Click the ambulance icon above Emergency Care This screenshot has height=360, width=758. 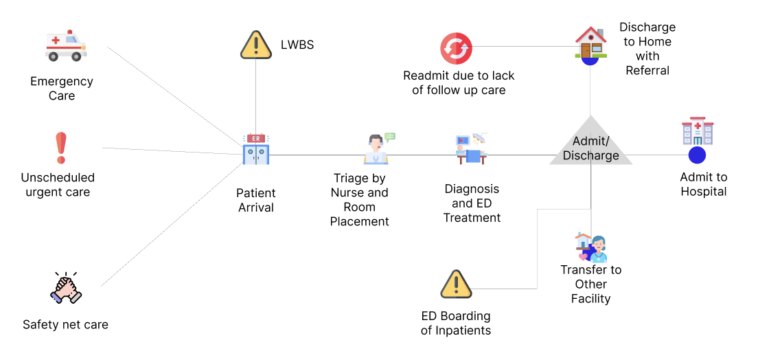pyautogui.click(x=66, y=45)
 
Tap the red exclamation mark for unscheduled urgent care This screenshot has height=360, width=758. pyautogui.click(x=60, y=148)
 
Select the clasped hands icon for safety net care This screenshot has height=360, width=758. pyautogui.click(x=66, y=287)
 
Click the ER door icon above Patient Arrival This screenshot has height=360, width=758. pyautogui.click(x=256, y=149)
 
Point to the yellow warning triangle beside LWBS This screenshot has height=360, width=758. pyautogui.click(x=256, y=45)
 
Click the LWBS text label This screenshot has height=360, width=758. pyautogui.click(x=297, y=45)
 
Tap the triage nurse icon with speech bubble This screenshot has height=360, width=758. pyautogui.click(x=377, y=149)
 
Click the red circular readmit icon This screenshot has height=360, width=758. pyautogui.click(x=456, y=49)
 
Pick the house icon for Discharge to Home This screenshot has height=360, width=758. pyautogui.click(x=590, y=43)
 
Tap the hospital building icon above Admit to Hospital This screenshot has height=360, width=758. pyautogui.click(x=697, y=131)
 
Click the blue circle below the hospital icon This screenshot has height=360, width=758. pyautogui.click(x=697, y=155)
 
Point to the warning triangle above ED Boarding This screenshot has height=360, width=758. pyautogui.click(x=455, y=284)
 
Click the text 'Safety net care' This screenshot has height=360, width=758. pyautogui.click(x=65, y=324)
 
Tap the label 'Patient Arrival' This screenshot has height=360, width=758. pyautogui.click(x=256, y=200)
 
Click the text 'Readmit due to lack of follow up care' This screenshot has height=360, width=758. pyautogui.click(x=459, y=82)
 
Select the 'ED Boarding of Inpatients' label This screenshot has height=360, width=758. pyautogui.click(x=456, y=323)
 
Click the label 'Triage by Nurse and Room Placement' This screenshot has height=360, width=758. pyautogui.click(x=360, y=199)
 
